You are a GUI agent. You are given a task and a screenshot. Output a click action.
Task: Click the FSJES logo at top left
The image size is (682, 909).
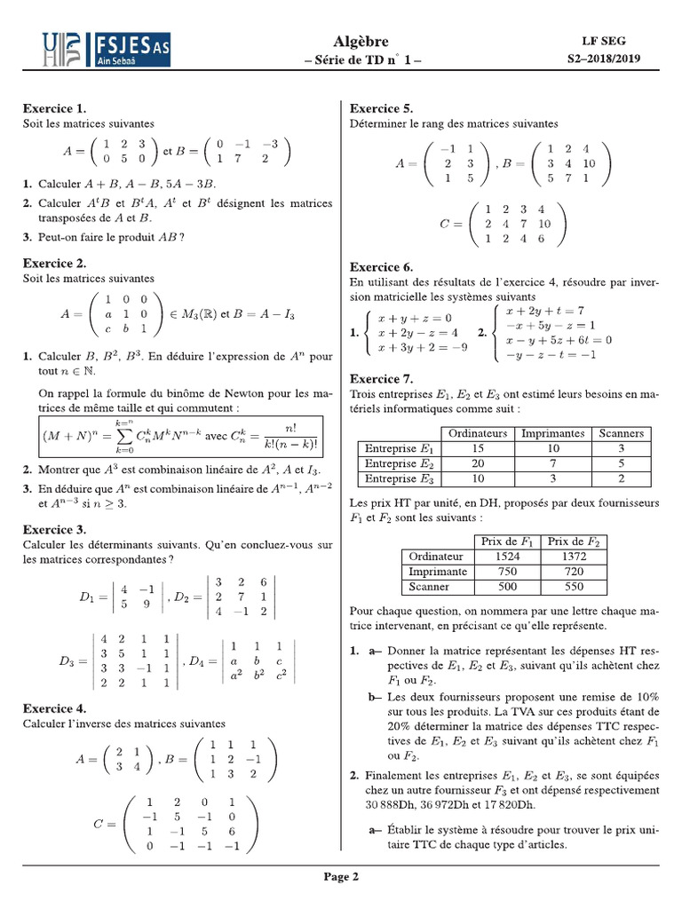[x=107, y=51]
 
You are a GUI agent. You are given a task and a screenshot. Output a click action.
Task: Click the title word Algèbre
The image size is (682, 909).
[x=361, y=42]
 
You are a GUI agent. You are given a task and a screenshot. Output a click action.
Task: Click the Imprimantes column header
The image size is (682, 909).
[x=553, y=433]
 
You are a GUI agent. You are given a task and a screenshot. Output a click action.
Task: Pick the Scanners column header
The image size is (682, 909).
[x=621, y=433]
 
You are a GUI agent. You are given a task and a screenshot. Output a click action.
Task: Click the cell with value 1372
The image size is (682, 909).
[x=574, y=556]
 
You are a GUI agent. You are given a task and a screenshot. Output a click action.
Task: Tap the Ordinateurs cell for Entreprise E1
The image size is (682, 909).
[x=478, y=448]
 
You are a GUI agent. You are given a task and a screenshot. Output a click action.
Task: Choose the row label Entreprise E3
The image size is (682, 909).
[x=399, y=478]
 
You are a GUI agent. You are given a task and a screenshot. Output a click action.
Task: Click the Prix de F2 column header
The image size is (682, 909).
[x=574, y=541]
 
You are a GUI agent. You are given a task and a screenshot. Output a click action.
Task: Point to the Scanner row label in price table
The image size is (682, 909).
[x=429, y=587]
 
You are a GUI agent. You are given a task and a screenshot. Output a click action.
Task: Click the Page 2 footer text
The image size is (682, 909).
[x=341, y=877]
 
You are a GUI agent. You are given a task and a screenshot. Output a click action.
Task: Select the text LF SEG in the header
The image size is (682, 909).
[x=603, y=42]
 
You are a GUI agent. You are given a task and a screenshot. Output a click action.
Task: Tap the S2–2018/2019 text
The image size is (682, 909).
[x=603, y=59]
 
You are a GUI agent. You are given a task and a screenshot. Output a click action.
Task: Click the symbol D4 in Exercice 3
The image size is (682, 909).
[x=200, y=662]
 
